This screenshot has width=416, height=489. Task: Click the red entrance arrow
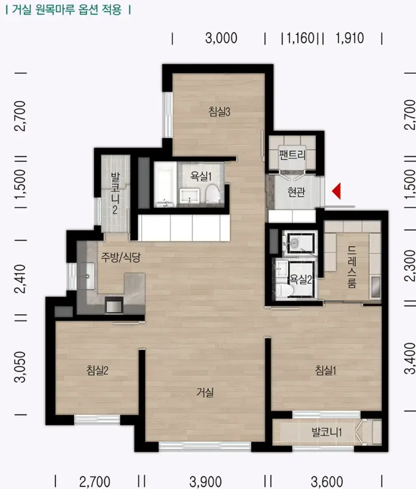pyautogui.click(x=336, y=191)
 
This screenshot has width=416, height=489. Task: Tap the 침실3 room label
pyautogui.click(x=219, y=111)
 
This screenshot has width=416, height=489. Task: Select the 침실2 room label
pyautogui.click(x=97, y=370)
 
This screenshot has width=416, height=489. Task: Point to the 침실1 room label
pyautogui.click(x=325, y=370)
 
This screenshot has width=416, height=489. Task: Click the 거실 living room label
pyautogui.click(x=205, y=392)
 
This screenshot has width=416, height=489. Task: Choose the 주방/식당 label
pyautogui.click(x=120, y=257)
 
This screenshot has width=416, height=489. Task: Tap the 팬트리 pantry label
pyautogui.click(x=292, y=155)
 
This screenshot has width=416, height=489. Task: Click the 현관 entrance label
pyautogui.click(x=296, y=192)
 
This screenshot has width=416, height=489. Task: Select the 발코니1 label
pyautogui.click(x=327, y=432)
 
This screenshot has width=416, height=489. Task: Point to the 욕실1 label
pyautogui.click(x=201, y=176)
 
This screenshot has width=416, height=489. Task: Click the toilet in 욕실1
pyautogui.click(x=213, y=194)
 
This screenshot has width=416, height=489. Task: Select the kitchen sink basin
pyautogui.click(x=88, y=275)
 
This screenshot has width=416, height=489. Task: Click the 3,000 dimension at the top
pyautogui.click(x=221, y=38)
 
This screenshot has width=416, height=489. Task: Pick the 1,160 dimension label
pyautogui.click(x=300, y=38)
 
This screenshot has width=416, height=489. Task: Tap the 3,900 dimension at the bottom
pyautogui.click(x=205, y=482)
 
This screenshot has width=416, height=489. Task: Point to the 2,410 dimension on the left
pyautogui.click(x=21, y=279)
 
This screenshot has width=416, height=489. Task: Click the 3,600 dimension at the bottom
pyautogui.click(x=327, y=482)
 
